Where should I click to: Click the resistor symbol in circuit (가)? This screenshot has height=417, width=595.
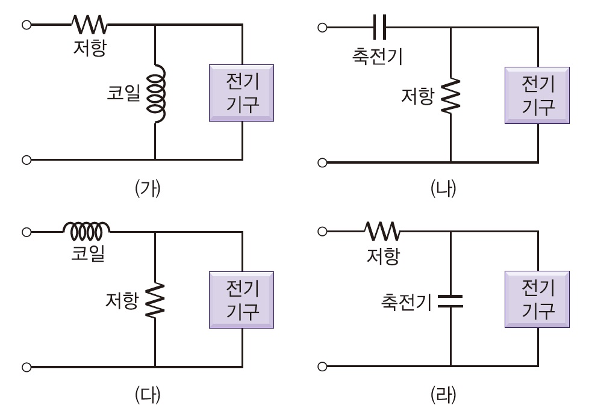click(89, 25)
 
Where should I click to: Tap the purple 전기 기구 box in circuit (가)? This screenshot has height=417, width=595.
click(241, 94)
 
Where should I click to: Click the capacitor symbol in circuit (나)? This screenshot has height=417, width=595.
click(379, 27)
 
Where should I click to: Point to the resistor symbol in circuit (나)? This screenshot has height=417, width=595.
click(450, 96)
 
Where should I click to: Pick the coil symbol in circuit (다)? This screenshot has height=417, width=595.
click(87, 229)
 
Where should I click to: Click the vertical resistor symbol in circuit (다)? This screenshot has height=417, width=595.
click(155, 300)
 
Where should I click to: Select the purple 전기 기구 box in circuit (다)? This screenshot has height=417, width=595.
click(241, 300)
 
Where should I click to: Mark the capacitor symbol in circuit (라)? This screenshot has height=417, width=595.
click(450, 301)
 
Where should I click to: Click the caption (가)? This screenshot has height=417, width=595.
click(148, 188)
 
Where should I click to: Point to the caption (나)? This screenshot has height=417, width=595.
click(444, 188)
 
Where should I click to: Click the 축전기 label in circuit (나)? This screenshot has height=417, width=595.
click(377, 57)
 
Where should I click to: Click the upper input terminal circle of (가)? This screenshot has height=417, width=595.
click(26, 25)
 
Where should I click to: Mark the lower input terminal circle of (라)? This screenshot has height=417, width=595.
click(322, 366)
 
